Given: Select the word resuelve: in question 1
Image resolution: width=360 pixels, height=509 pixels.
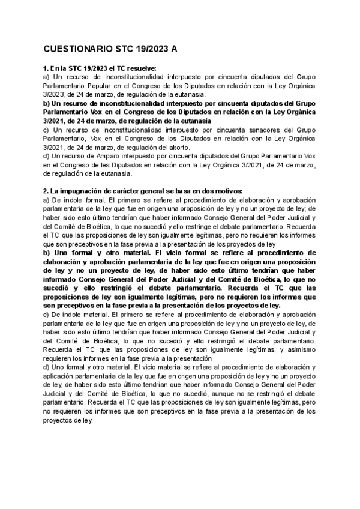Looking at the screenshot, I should (x=137, y=68).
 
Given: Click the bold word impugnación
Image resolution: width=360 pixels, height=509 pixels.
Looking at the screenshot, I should (x=82, y=191).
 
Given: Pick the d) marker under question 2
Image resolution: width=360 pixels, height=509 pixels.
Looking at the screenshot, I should (x=47, y=367).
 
